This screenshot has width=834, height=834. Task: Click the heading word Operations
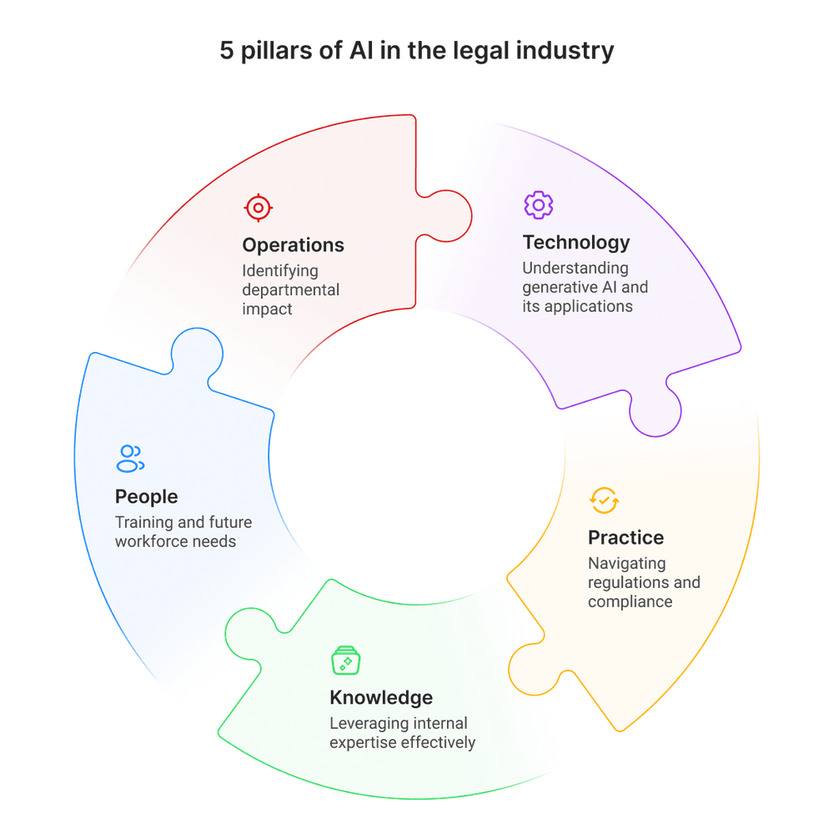tap(293, 245)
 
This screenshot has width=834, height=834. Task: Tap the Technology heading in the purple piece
tap(575, 243)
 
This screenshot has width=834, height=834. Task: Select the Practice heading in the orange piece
tap(625, 537)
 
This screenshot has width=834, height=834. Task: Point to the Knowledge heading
tap(380, 697)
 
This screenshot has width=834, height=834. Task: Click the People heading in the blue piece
tap(146, 497)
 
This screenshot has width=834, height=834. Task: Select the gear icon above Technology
tap(538, 203)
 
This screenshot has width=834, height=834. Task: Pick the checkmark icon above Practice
tap(604, 500)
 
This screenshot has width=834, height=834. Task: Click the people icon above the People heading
tap(130, 455)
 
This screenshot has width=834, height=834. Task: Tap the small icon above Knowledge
tap(344, 659)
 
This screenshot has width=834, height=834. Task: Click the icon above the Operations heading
tap(257, 207)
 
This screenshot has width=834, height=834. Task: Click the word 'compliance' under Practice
tap(630, 601)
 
